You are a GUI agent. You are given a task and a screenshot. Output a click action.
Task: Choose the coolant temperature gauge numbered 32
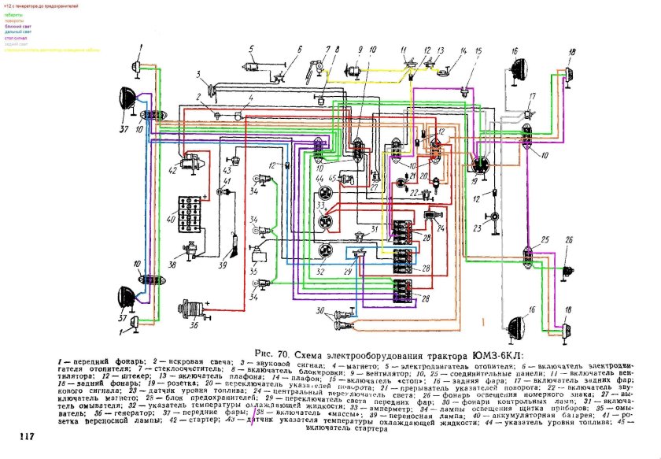point(323,253)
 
